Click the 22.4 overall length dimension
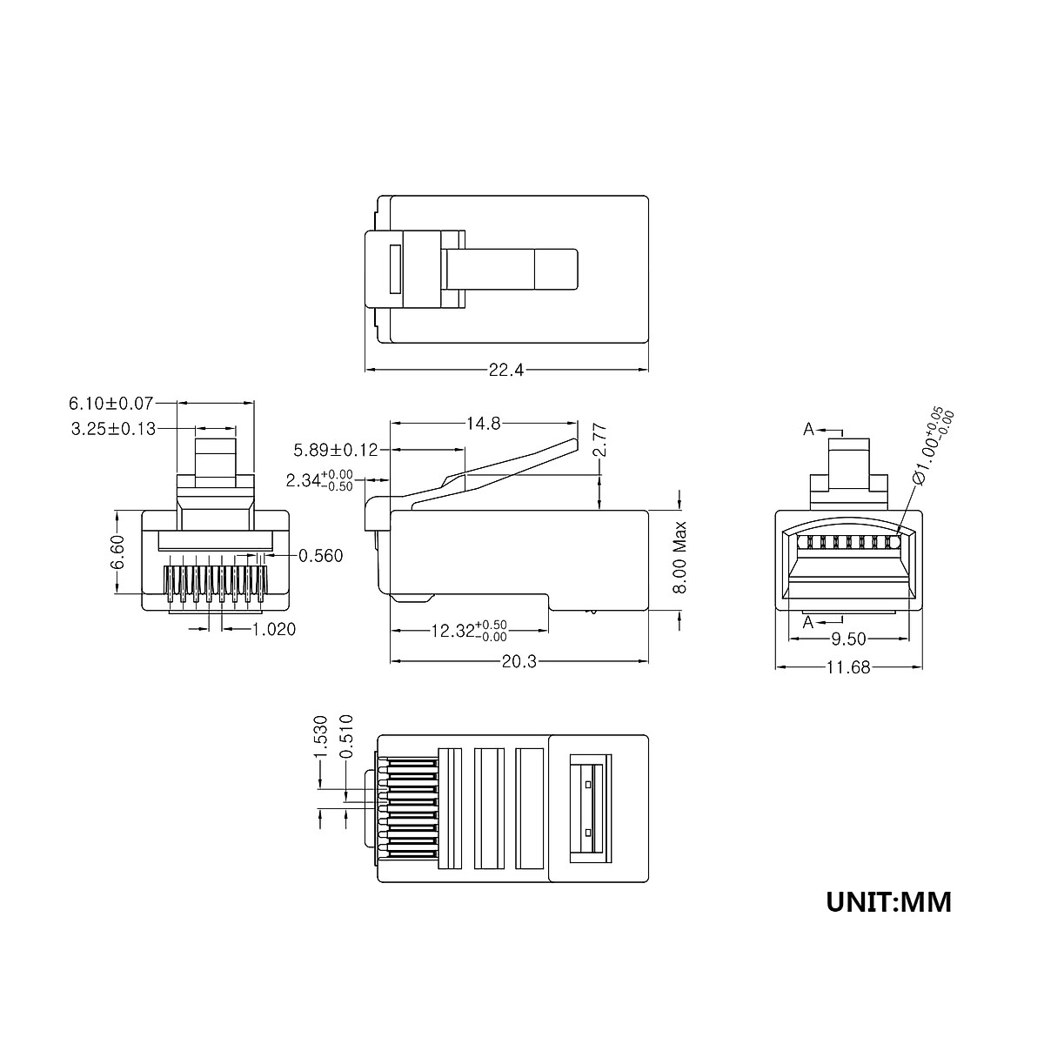click(505, 370)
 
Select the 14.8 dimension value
click(483, 424)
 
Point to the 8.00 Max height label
click(680, 558)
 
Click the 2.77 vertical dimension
click(599, 440)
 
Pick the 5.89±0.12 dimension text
click(336, 450)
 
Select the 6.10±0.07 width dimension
click(110, 403)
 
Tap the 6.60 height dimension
click(118, 552)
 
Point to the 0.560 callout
click(320, 556)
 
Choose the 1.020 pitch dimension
click(274, 629)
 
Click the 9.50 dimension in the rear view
click(847, 639)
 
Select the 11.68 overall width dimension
click(847, 667)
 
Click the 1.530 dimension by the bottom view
click(320, 736)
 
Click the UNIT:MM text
click(888, 901)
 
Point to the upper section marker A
click(808, 429)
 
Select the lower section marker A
click(808, 621)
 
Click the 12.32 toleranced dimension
click(468, 631)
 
